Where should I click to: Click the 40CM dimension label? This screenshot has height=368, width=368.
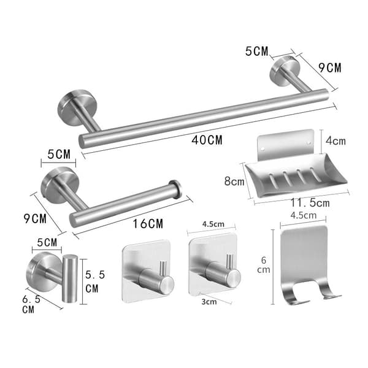(207, 140)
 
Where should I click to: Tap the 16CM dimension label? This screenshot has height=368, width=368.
(148, 224)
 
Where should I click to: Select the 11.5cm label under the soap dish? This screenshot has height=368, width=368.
(310, 203)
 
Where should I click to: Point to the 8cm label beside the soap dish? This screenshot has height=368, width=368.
(234, 182)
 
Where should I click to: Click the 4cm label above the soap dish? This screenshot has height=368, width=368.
(335, 141)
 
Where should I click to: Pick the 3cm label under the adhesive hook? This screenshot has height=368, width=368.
(209, 302)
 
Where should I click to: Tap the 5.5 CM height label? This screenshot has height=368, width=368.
(95, 282)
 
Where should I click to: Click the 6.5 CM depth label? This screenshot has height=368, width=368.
(31, 304)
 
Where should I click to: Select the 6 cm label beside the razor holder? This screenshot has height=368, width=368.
(264, 265)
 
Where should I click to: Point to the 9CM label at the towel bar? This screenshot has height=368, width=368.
(330, 68)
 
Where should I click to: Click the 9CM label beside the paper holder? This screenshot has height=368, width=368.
(35, 219)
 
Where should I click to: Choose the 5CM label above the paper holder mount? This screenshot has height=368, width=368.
(59, 154)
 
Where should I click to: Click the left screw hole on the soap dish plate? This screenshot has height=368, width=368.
(263, 148)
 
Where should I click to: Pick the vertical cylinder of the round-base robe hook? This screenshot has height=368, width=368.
(69, 278)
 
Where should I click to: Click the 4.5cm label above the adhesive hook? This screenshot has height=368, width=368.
(213, 224)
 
